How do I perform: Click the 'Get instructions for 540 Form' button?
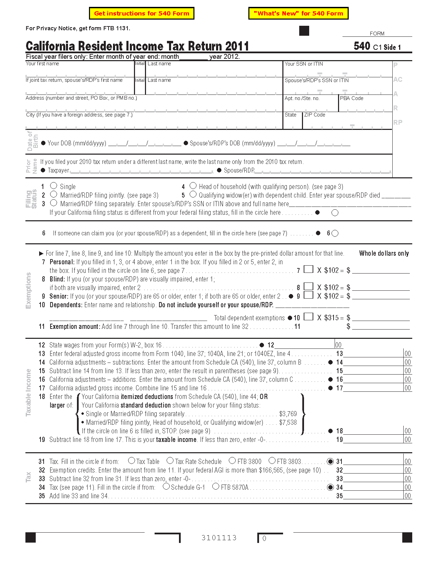tap(142, 13)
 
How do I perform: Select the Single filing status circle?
tap(54, 186)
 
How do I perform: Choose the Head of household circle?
tap(193, 186)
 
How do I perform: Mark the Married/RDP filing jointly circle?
tap(54, 194)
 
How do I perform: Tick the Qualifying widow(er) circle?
tap(193, 194)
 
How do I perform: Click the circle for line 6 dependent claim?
tap(335, 233)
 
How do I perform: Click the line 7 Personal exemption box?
tap(308, 269)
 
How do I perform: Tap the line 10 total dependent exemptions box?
tap(308, 316)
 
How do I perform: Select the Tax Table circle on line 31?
tap(132, 460)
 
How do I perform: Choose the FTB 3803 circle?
tap(272, 460)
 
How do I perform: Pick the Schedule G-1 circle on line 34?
tap(166, 486)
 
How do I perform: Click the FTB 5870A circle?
tap(216, 486)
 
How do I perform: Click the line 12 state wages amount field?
tap(304, 345)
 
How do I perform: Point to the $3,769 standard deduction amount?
tap(288, 414)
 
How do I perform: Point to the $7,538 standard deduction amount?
tap(288, 422)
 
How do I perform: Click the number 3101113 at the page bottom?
tap(219, 538)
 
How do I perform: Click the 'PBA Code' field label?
tap(351, 98)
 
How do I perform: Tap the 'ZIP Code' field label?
tap(315, 115)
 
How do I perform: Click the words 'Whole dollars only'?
tap(384, 253)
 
